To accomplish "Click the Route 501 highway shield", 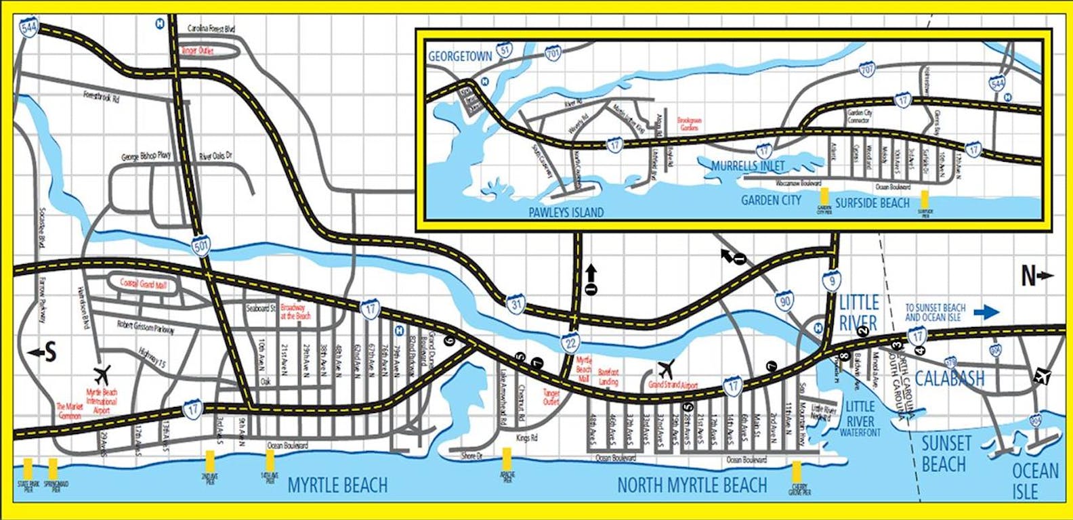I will [201, 246].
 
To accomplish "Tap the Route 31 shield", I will [516, 305].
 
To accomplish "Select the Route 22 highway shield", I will [570, 343].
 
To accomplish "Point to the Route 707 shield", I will [866, 69].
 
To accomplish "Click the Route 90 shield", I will [784, 301].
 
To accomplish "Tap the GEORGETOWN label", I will [460, 57].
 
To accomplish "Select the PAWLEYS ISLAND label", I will [566, 212].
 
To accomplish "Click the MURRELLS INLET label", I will [748, 166].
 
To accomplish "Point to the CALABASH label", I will [950, 378].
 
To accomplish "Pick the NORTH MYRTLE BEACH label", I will [692, 485].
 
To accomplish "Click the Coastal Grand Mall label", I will [143, 285].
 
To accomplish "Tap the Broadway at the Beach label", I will [295, 312].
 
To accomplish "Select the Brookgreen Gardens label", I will [690, 124].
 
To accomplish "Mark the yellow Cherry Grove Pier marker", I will [797, 472].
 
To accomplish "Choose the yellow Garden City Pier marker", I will [824, 194].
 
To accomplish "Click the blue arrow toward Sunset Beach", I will [986, 312].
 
